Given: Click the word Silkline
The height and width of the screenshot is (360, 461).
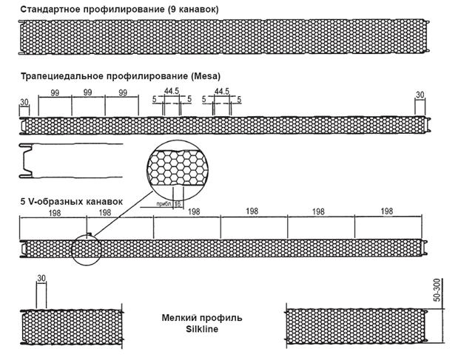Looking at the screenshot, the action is (x=202, y=329).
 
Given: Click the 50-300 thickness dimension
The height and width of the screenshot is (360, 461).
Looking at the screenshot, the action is (x=437, y=290).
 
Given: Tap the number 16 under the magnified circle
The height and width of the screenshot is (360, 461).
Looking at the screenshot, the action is (x=178, y=203).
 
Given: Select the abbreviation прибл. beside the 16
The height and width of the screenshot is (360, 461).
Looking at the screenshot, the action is (x=164, y=203).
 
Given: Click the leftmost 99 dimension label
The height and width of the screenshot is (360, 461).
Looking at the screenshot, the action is (x=55, y=93).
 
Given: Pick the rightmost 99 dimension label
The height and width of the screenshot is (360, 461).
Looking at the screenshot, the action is (x=123, y=93).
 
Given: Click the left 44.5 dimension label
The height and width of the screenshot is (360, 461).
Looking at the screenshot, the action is (x=172, y=91).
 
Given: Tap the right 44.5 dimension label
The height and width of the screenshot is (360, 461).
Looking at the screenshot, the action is (x=222, y=92).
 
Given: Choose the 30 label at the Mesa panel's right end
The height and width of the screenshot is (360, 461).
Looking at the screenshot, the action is (x=420, y=95).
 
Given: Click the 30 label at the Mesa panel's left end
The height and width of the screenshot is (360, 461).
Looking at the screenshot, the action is (x=24, y=102).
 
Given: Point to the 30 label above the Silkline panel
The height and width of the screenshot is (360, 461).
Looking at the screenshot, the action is (x=41, y=278).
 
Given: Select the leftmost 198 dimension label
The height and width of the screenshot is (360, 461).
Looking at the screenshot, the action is (x=55, y=213).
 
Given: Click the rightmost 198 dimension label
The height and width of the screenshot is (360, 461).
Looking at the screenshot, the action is (x=386, y=211).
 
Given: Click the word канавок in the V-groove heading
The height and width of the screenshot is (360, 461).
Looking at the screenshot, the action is (x=104, y=202).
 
